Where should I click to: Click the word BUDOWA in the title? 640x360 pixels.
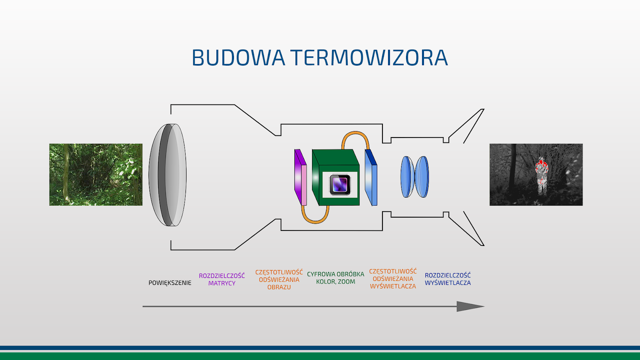point(238,58)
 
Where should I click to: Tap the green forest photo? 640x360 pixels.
point(96,174)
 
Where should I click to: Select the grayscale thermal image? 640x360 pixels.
point(536,174)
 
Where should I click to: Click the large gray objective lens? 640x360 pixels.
point(168,175)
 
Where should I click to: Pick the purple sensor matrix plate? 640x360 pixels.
point(300,177)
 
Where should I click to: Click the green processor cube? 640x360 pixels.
point(336,177)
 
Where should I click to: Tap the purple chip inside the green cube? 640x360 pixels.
point(340,184)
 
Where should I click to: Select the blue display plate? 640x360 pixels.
point(371,177)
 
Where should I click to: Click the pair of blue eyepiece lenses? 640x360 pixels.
point(414,176)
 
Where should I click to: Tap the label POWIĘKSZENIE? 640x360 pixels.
point(170,283)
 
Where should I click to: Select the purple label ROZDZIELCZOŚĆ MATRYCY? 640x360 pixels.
point(222,280)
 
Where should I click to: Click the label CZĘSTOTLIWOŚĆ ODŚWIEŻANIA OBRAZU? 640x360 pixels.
point(279,280)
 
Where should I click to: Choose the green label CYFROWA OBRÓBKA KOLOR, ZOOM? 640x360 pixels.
point(336,278)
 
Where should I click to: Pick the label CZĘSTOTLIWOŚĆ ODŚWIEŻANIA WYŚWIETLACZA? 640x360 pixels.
point(393,278)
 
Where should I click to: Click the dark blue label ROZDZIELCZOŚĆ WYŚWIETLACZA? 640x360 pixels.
point(448,279)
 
